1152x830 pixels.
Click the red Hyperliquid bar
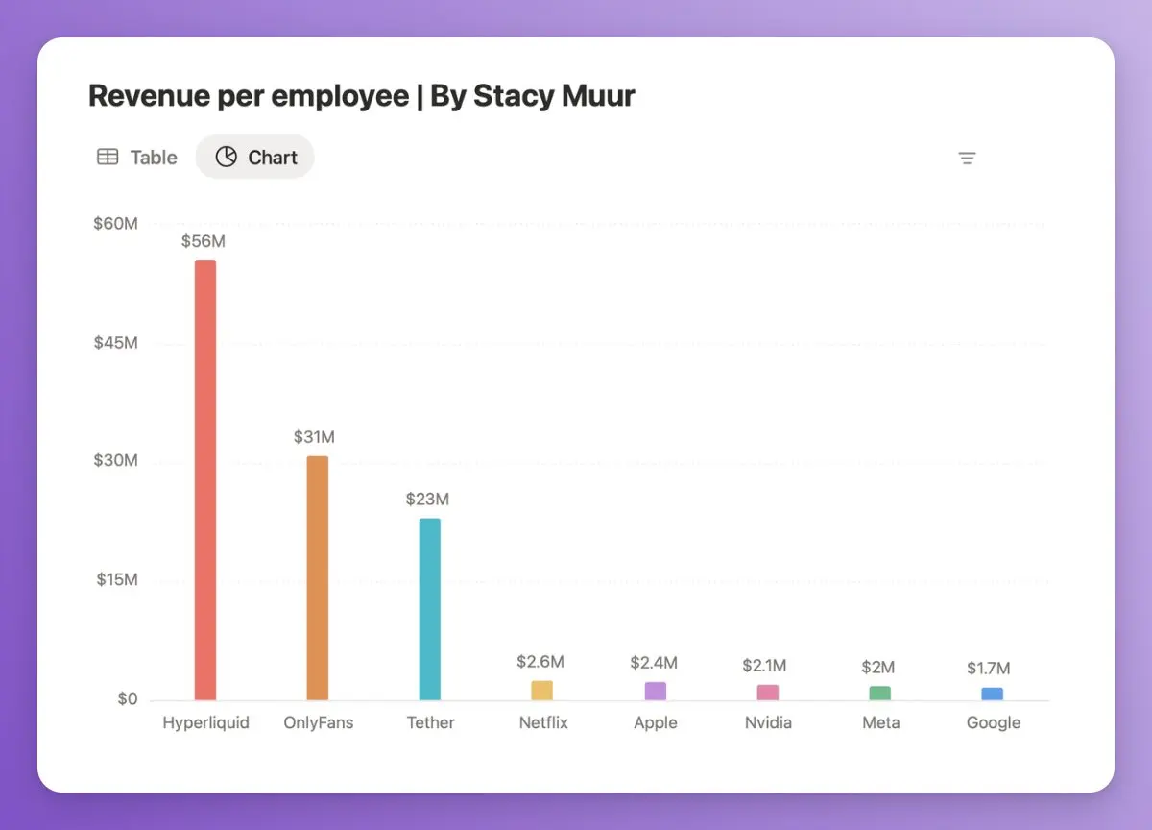205,480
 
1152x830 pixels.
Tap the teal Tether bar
430,609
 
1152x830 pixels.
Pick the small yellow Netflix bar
542,691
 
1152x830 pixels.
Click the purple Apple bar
656,692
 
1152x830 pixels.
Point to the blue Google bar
993,695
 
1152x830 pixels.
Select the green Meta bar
880,694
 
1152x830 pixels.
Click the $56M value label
204,241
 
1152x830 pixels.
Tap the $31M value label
315,437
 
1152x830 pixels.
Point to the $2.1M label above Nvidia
765,666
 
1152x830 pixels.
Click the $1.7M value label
989,669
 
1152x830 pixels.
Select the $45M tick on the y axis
116,343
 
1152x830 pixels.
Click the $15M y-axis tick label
116,580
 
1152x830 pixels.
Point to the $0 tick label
128,698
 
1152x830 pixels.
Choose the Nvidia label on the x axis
768,722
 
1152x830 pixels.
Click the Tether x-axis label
430,722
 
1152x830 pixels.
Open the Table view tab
137,158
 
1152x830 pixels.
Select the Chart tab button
255,158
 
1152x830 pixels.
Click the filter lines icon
968,159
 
